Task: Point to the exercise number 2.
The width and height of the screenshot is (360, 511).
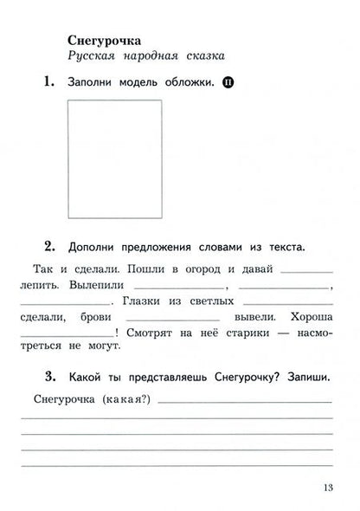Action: (x=41, y=246)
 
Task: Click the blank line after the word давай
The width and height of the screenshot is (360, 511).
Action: (x=306, y=272)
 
